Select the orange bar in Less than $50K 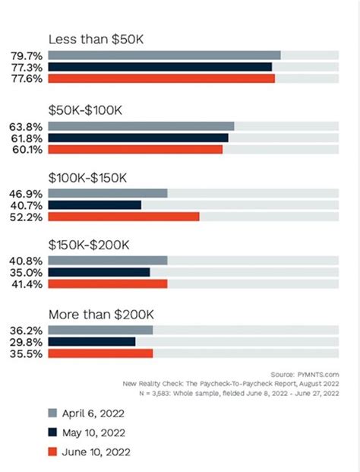click(x=161, y=78)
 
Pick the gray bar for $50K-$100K click(x=141, y=126)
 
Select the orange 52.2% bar click(x=123, y=216)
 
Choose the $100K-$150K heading click(x=88, y=177)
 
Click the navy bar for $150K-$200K click(x=99, y=271)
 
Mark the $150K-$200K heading click(x=89, y=244)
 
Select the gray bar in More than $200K click(x=100, y=330)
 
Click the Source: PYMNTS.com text click(x=304, y=375)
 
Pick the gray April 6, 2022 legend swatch click(x=52, y=413)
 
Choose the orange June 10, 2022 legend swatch click(x=52, y=451)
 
